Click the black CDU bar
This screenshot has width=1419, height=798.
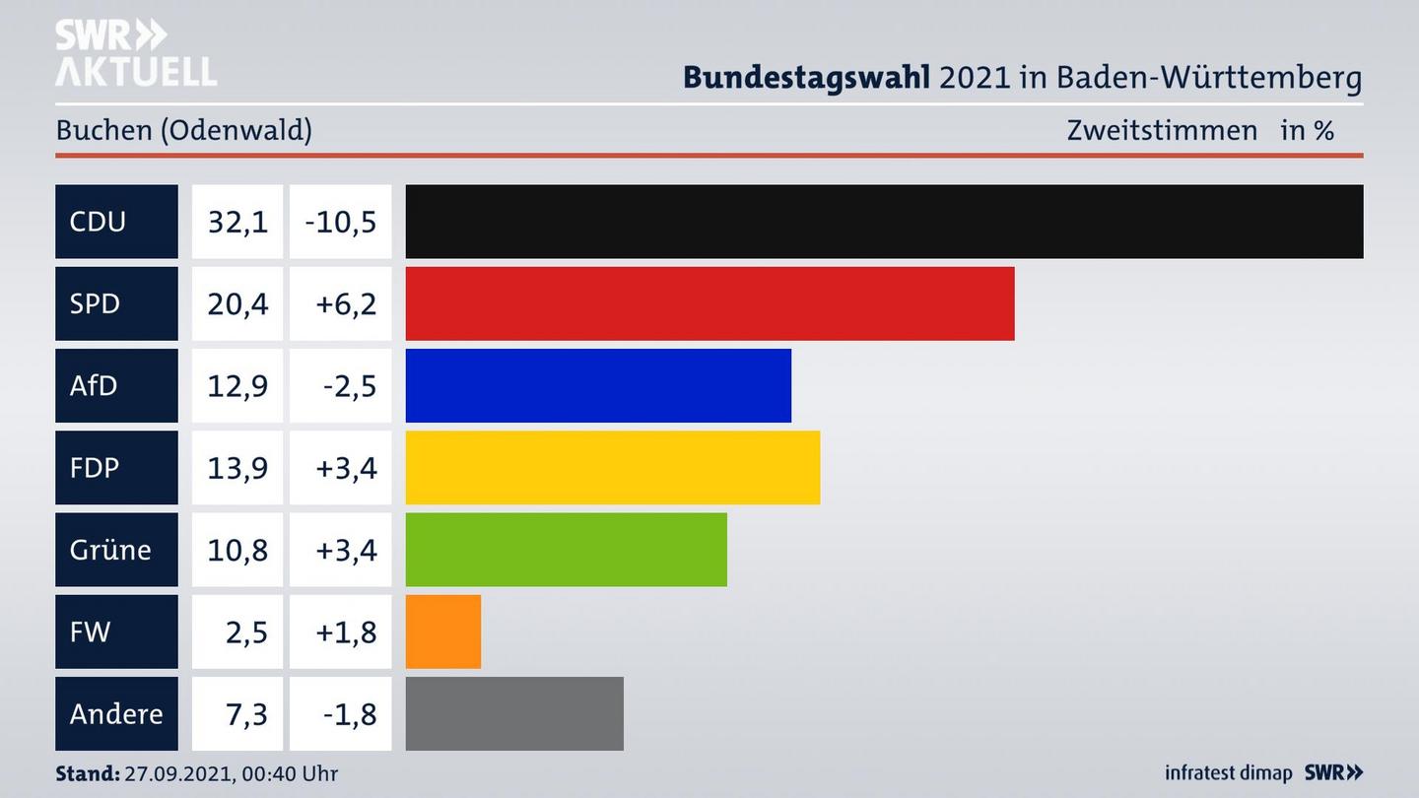[884, 222]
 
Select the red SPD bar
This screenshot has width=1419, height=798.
[709, 303]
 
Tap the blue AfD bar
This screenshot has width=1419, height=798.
[598, 385]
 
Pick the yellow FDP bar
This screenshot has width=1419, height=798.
[612, 467]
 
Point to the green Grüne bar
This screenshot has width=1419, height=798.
[566, 549]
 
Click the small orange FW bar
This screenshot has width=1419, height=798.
[443, 632]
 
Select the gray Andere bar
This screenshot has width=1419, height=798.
[514, 713]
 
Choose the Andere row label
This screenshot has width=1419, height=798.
[116, 713]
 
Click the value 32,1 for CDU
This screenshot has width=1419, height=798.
[237, 222]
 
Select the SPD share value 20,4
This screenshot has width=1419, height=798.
[237, 303]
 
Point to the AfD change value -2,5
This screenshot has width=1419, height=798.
[349, 385]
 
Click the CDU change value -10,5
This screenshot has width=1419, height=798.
[341, 222]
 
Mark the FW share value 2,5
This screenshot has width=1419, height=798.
[246, 632]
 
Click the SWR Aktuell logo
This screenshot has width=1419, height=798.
[135, 53]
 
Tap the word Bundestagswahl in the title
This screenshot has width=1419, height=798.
[806, 77]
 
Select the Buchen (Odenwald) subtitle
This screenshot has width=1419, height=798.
[183, 130]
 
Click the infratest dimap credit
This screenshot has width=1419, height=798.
[1227, 773]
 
